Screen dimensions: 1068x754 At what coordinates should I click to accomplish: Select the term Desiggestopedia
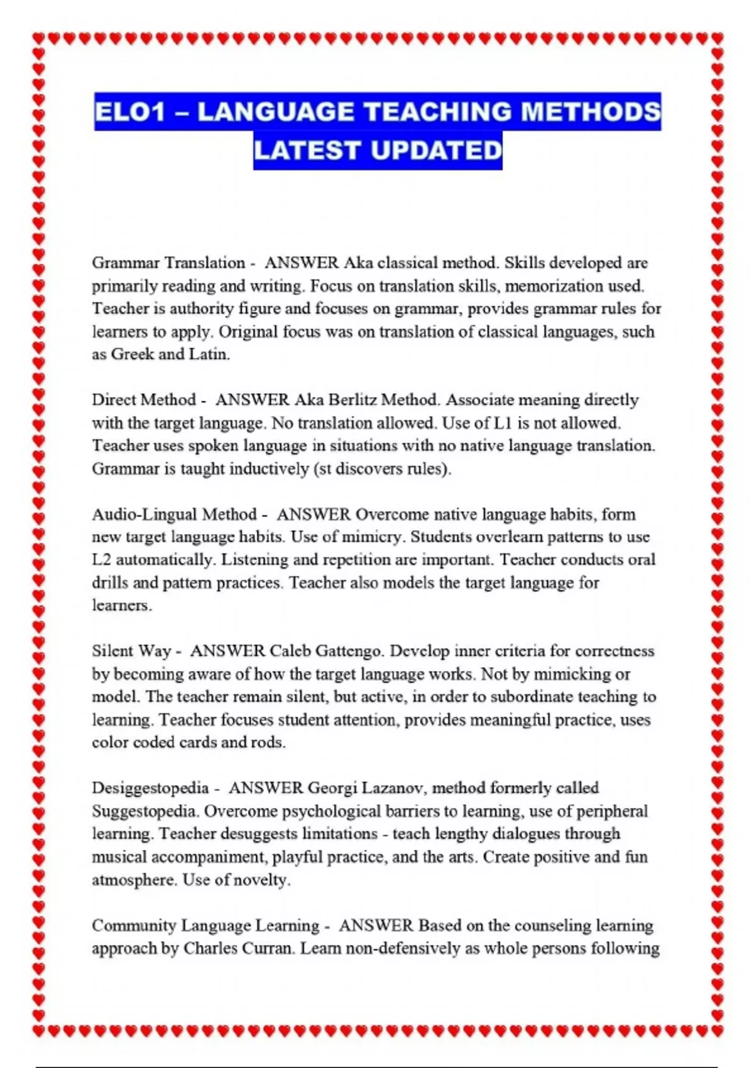150,788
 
